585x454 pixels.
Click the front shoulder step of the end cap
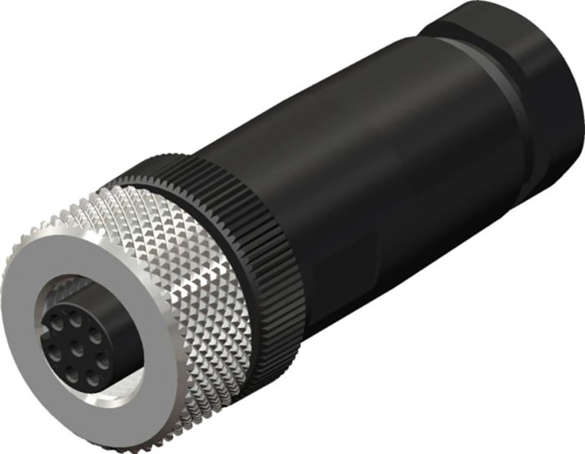pyautogui.click(x=435, y=33)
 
